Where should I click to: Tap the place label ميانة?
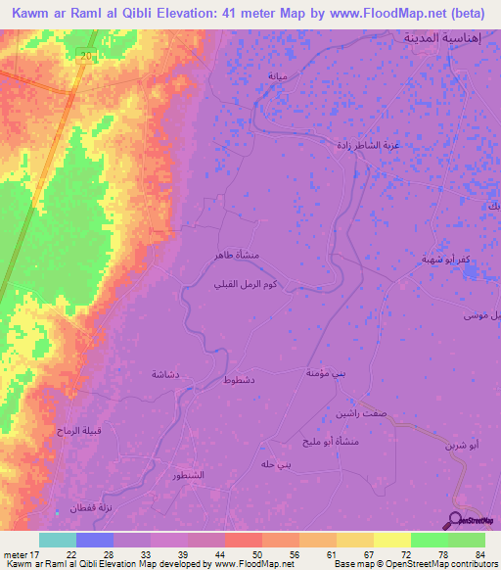click(x=280, y=75)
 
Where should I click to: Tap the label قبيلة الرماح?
click(x=74, y=458)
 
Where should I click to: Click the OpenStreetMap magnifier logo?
click(x=458, y=519)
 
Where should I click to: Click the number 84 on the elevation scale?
click(x=478, y=554)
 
